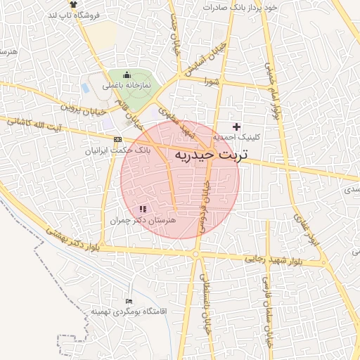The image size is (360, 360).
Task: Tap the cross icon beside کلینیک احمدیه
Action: (236, 127)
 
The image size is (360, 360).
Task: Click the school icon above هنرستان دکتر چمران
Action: (143, 209)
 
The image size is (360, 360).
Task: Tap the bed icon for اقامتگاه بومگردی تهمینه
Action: (129, 301)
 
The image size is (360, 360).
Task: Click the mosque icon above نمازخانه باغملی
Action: (127, 75)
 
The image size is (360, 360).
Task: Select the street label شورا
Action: (213, 82)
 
